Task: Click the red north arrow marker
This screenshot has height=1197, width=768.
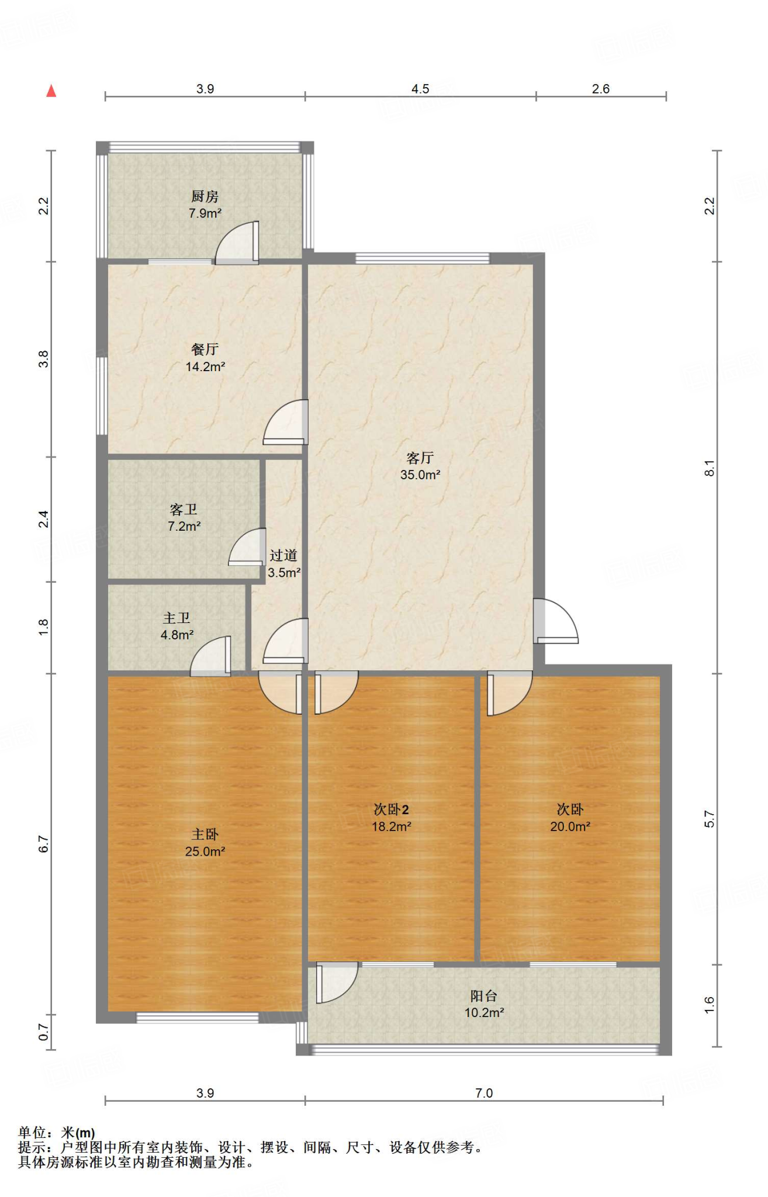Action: pos(51,91)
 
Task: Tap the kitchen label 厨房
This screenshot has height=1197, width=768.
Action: pos(205,196)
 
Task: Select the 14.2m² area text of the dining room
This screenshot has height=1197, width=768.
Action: pos(205,367)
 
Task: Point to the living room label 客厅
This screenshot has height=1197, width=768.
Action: pos(420,458)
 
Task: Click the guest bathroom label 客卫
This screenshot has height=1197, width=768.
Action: pos(184,510)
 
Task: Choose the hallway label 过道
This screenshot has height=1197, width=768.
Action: pos(283,555)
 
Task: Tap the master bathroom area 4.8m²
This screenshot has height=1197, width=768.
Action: pos(177,635)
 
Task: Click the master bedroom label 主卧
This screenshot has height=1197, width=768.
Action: pos(205,835)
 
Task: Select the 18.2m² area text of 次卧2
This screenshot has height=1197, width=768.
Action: pos(392,826)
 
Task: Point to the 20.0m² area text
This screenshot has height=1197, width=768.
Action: pos(570,826)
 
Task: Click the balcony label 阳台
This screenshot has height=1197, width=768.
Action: pos(484,995)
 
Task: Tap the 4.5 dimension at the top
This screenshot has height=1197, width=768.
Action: pos(420,89)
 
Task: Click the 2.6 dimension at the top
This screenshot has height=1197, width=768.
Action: pos(601,89)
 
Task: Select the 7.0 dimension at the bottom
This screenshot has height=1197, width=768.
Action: pos(484,1093)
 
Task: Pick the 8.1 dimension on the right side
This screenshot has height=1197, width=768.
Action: pos(710,468)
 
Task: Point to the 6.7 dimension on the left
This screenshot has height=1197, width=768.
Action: pos(44,845)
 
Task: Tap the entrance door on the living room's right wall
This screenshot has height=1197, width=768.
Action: pos(555,621)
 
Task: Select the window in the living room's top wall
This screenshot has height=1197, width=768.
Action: pos(422,258)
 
